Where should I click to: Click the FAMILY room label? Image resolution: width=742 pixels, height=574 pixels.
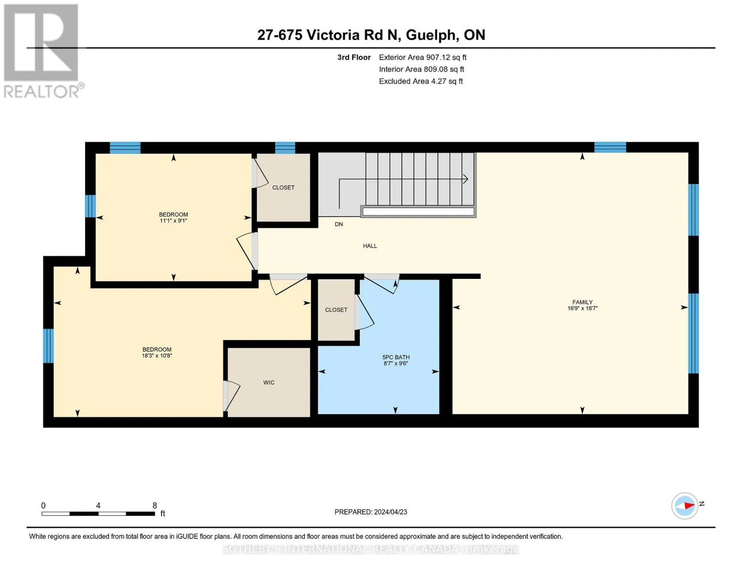click(582, 302)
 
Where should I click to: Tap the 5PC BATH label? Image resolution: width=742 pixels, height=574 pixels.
click(396, 357)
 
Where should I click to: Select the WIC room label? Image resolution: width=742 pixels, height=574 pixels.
click(269, 382)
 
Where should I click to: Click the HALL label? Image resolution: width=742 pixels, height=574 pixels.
click(370, 246)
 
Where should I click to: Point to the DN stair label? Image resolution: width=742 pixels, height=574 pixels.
click(339, 224)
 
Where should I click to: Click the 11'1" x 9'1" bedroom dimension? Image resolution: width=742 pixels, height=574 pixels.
click(173, 221)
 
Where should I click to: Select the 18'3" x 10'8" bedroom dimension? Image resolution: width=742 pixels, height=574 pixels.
click(157, 355)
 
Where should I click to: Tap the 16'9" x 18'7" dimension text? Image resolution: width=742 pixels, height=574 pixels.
click(582, 308)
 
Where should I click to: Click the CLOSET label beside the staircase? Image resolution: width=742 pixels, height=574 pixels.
click(283, 188)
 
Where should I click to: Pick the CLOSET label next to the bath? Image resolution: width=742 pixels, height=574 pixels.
click(336, 310)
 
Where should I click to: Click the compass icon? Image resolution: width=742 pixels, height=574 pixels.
click(684, 506)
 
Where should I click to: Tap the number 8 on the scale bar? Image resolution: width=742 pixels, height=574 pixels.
click(155, 505)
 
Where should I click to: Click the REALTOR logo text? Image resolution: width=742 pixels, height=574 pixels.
click(42, 92)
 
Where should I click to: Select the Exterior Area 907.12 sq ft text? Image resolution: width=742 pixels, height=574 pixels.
click(422, 57)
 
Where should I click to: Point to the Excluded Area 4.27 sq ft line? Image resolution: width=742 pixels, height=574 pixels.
click(420, 81)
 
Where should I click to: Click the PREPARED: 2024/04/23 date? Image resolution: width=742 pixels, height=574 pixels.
click(371, 512)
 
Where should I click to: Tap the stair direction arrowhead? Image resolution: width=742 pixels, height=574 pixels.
click(465, 179)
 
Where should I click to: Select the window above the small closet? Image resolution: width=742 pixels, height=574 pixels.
click(285, 148)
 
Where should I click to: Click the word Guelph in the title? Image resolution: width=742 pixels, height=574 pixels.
click(430, 35)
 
